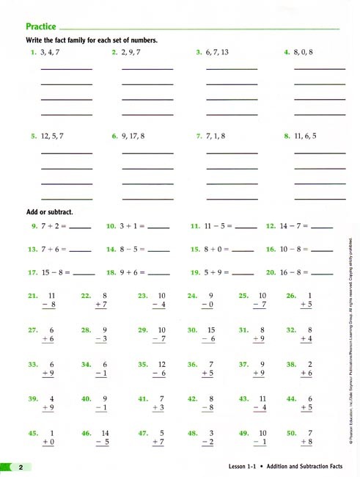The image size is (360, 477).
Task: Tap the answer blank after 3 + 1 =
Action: (158, 227)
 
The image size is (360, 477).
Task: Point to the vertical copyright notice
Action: (351, 338)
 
